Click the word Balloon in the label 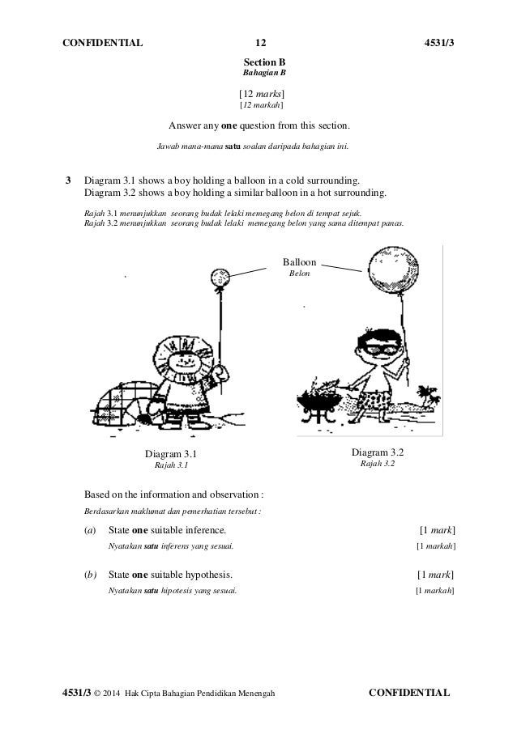300,262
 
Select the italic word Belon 300,274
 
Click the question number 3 69,180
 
